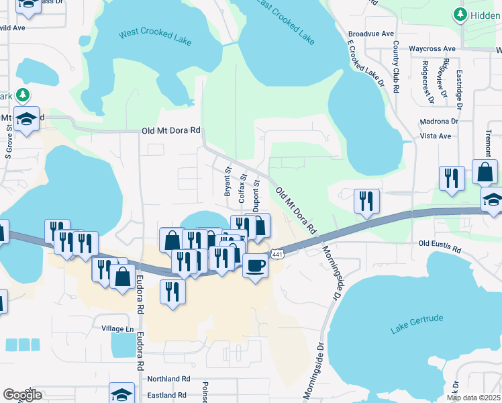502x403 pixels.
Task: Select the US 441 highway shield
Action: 277,254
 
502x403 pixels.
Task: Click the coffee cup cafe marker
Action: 255,266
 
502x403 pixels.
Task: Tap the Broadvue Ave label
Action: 370,34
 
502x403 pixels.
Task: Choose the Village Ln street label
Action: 117,328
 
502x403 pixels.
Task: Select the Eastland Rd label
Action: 165,396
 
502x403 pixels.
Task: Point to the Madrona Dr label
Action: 440,122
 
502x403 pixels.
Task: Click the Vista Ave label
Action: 435,136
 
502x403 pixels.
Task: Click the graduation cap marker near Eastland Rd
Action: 122,394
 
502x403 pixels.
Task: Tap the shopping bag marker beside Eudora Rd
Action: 123,275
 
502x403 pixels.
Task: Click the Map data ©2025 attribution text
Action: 473,398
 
